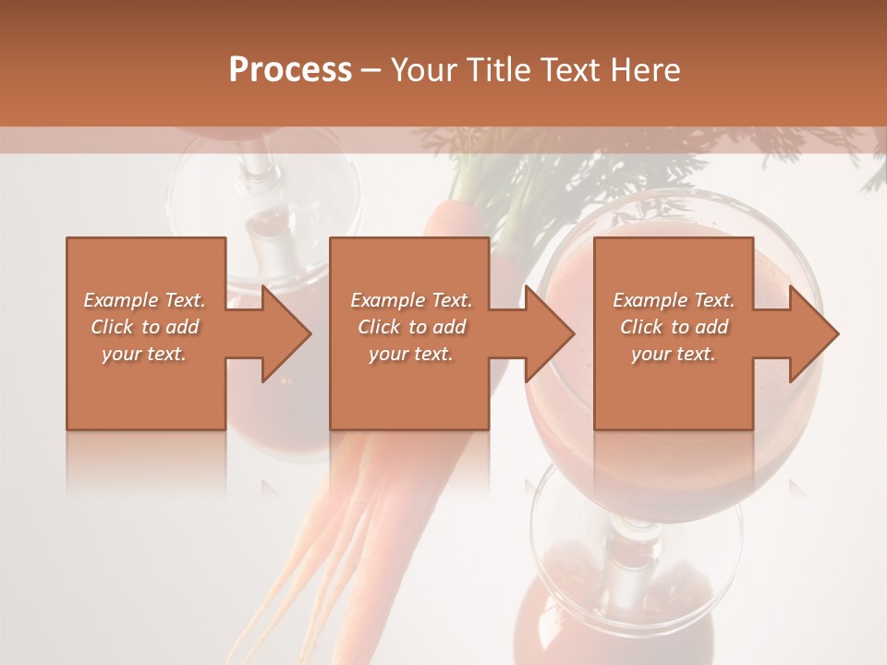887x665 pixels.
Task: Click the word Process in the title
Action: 290,70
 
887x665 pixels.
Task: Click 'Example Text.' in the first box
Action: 144,300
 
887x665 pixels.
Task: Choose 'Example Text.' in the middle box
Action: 411,300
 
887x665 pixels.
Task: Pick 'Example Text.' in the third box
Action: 674,300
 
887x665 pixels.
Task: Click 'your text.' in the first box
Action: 144,354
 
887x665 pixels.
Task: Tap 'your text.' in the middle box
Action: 411,354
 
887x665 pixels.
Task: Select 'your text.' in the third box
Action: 674,354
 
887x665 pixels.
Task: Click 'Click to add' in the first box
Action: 144,327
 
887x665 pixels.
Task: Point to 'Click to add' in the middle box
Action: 411,327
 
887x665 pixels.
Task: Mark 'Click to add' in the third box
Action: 674,327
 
